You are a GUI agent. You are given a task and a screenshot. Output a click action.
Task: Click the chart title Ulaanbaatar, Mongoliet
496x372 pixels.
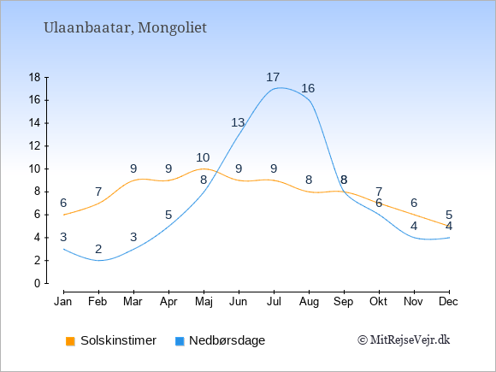tap(125, 28)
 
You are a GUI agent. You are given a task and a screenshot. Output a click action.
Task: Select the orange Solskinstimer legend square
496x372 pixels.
tap(70, 341)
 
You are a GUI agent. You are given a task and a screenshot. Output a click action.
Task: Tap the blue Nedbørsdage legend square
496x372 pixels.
tap(180, 341)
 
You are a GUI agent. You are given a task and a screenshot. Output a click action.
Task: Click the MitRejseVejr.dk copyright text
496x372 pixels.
tap(404, 340)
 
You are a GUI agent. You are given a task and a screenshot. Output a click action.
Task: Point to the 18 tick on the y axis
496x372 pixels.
tap(35, 77)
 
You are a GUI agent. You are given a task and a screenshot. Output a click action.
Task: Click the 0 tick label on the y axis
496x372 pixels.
tap(38, 283)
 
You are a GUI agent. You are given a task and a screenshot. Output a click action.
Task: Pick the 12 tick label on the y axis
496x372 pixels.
tap(35, 146)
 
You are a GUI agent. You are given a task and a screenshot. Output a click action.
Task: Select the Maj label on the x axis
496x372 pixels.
tap(204, 302)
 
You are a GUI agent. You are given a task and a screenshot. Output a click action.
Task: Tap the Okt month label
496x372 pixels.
tap(378, 302)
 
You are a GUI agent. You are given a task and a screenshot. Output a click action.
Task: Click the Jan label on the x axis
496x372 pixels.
tap(63, 302)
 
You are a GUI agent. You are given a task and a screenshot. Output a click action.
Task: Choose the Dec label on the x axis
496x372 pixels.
tap(449, 302)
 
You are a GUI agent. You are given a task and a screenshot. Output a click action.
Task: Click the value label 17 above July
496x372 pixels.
tap(273, 77)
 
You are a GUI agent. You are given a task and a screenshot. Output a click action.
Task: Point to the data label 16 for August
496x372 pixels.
tap(308, 89)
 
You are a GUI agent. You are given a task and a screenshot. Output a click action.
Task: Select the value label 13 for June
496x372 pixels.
tap(238, 123)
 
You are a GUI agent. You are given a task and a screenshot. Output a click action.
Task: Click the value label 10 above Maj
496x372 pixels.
tap(203, 157)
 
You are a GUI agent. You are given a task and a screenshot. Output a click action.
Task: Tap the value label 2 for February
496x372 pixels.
tap(98, 249)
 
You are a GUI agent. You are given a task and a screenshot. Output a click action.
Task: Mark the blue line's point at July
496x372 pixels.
tap(274, 89)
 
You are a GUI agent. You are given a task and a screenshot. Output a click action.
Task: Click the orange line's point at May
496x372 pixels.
tap(204, 169)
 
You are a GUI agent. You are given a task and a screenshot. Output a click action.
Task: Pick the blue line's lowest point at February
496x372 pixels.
tap(98, 261)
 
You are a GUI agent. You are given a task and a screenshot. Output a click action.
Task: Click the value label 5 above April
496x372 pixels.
tap(168, 216)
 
